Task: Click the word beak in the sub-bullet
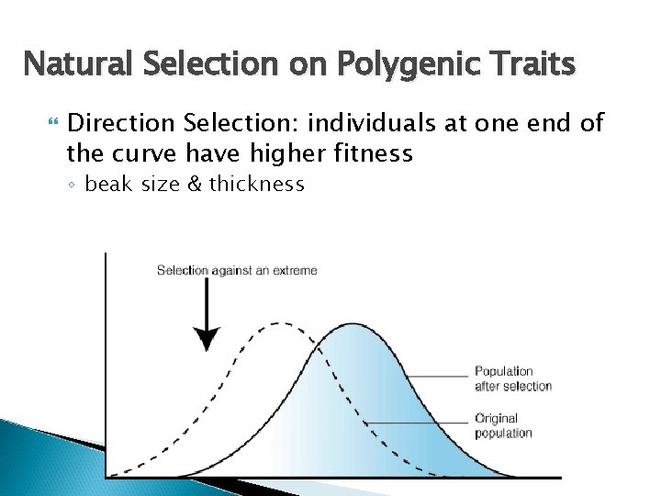click(108, 185)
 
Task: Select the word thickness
click(257, 185)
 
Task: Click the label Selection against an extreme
click(237, 270)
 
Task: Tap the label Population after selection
click(513, 378)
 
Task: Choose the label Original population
click(503, 425)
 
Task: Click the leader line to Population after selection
click(438, 376)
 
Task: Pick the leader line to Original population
click(418, 423)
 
